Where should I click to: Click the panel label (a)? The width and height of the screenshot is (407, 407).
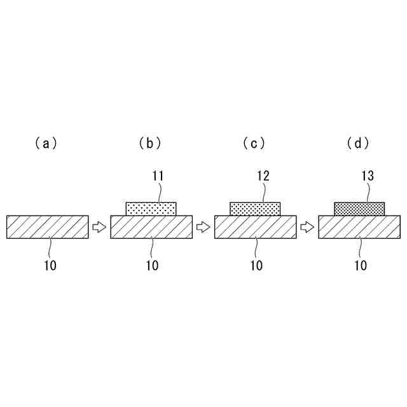point(46,144)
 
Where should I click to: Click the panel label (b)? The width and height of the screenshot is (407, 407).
point(150,144)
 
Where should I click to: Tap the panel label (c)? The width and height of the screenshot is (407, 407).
point(254,144)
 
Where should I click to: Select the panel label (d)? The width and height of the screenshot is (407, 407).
point(359,144)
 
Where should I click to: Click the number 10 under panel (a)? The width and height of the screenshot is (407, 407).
point(50,266)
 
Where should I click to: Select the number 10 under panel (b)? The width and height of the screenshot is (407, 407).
point(152,266)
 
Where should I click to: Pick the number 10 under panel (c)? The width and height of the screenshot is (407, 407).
point(256,266)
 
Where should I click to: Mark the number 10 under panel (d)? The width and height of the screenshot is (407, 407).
point(361,266)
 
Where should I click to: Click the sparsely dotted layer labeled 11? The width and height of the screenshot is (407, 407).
point(151,209)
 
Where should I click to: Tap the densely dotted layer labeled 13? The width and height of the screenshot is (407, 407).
point(360,209)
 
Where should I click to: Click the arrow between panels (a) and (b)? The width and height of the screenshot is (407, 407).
point(99,227)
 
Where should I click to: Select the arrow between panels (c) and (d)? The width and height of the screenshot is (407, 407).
point(308,227)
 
